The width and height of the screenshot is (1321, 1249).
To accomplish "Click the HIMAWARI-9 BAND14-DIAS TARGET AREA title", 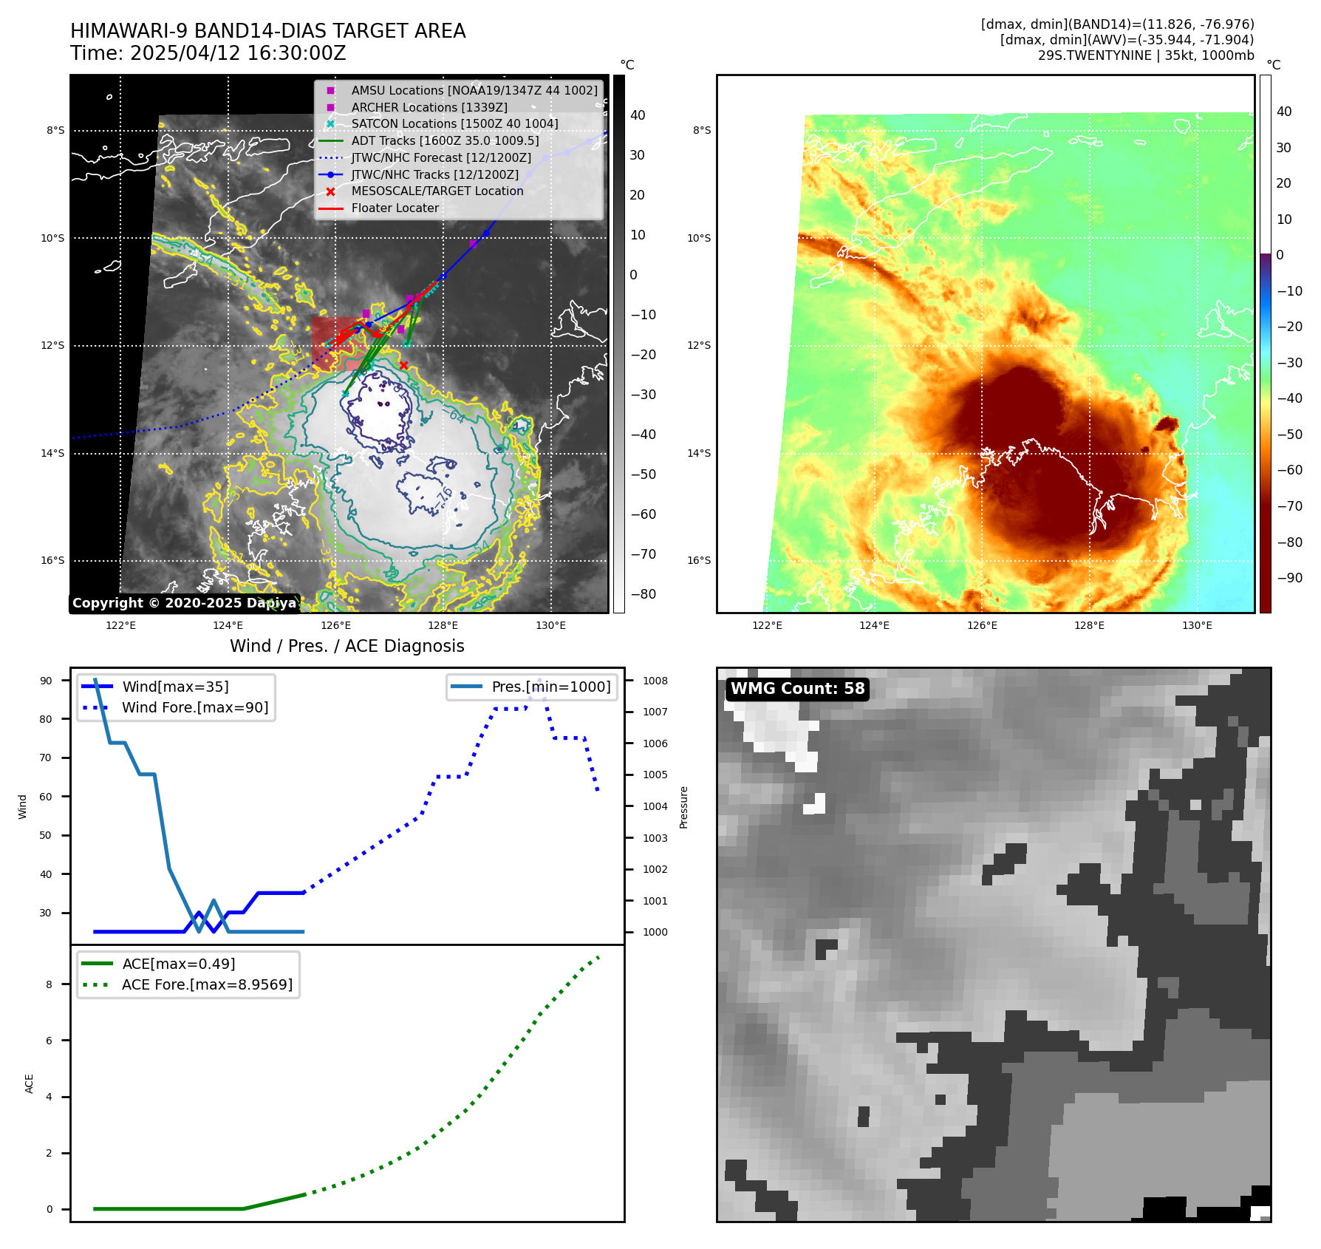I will [x=267, y=31].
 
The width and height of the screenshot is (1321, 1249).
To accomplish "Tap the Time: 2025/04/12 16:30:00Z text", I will [x=208, y=53].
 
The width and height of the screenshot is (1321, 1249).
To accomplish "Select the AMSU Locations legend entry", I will [x=474, y=90].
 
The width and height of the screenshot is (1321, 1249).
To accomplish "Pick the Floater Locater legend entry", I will [x=395, y=208].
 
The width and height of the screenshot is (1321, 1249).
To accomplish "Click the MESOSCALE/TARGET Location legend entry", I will [x=437, y=191].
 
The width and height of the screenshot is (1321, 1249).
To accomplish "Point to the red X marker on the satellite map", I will [x=403, y=365].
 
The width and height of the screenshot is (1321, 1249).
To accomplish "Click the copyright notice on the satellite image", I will [x=184, y=603].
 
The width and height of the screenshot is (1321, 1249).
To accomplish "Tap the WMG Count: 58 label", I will [x=797, y=689].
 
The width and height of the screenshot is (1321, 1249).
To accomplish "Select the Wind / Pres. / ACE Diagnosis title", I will [x=347, y=646].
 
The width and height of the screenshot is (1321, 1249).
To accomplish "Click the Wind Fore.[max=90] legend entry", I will [x=194, y=707].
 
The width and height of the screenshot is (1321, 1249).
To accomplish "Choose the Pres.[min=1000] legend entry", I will [x=550, y=687].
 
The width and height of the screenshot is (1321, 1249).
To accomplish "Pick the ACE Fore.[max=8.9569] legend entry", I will [x=207, y=984].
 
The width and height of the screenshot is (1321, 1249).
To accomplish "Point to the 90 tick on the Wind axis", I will [x=46, y=681].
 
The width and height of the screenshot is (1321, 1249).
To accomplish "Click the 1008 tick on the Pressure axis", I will [x=655, y=681].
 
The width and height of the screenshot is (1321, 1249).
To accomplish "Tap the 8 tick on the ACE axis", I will [x=50, y=984].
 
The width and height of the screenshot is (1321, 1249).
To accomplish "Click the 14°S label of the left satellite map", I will [x=52, y=454].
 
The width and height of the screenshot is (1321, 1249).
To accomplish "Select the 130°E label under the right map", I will [x=1197, y=625].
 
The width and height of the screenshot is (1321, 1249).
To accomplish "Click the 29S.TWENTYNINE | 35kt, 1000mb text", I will [x=1145, y=55].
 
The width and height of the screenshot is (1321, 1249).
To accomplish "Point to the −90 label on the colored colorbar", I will [x=1289, y=578].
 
